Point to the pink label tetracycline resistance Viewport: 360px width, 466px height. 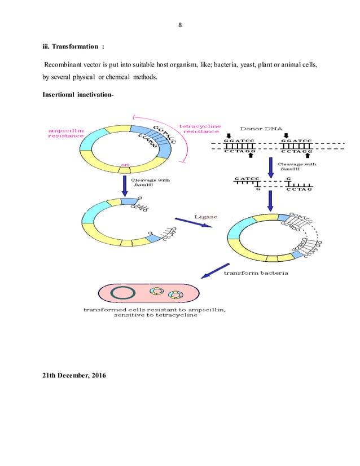[200, 128]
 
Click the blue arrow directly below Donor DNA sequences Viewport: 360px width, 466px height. [271, 166]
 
